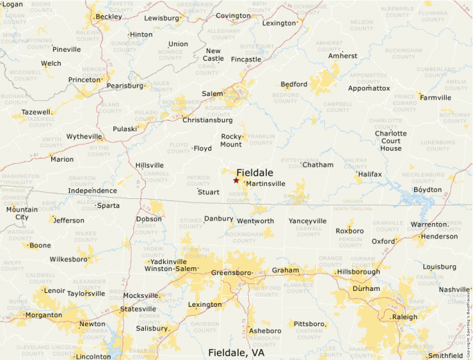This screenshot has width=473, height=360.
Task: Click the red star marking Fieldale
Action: point(236,180)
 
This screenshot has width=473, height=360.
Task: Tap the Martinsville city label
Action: point(266,184)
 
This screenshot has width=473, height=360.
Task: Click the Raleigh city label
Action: point(405,316)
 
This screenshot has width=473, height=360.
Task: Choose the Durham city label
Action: point(366,288)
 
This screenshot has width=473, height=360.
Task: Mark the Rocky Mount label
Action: point(231,140)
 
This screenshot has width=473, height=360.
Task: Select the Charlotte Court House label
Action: point(390,140)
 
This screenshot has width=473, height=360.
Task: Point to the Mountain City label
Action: point(22,213)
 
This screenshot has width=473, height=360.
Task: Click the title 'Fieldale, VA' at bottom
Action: point(236,352)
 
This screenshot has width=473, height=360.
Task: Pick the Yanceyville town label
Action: point(307,221)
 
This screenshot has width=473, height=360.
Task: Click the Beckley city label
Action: point(109,16)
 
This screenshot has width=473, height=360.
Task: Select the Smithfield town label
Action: point(445,356)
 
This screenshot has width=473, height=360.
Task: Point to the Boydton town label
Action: point(427,189)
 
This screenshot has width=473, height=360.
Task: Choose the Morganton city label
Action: point(44,315)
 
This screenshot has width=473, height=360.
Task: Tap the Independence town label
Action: point(92,191)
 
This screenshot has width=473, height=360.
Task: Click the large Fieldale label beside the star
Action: point(254,172)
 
